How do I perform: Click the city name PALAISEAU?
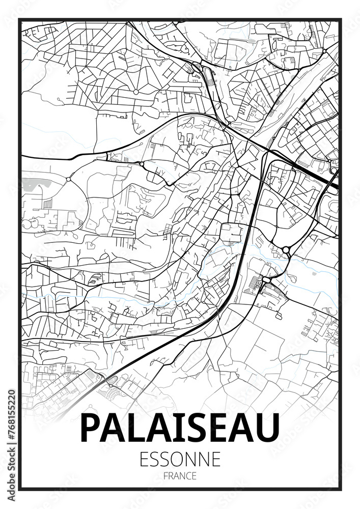coord(180,428)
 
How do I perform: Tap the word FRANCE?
coord(180,476)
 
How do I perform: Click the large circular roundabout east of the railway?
coord(286,249)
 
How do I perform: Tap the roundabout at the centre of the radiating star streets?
coord(136,92)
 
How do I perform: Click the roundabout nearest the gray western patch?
coord(68,179)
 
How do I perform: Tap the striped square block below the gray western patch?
coord(47,203)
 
